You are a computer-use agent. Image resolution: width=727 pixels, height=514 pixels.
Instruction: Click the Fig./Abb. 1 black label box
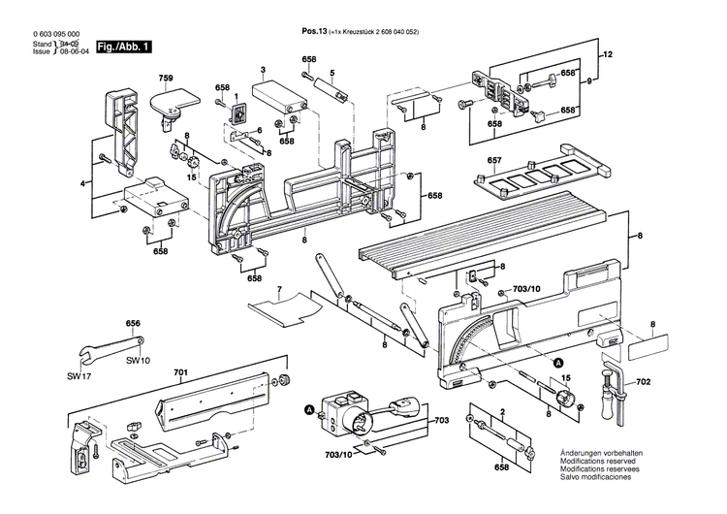(x=104, y=47)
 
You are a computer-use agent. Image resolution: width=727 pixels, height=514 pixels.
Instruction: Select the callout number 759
(x=166, y=78)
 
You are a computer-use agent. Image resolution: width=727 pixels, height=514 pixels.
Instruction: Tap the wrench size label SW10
(x=139, y=360)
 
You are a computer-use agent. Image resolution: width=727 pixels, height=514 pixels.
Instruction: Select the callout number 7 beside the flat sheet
(x=278, y=290)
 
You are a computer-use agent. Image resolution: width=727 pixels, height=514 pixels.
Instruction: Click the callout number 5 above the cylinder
(x=332, y=74)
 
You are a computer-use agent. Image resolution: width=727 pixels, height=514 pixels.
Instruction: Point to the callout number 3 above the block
(x=263, y=71)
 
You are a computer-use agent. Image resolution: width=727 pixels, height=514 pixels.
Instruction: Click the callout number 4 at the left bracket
(x=82, y=183)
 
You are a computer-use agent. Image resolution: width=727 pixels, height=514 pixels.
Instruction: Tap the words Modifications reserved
(x=595, y=463)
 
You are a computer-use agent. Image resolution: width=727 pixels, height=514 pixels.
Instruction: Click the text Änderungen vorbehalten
(x=596, y=455)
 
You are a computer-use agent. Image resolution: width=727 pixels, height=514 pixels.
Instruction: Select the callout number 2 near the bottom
(x=503, y=411)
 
